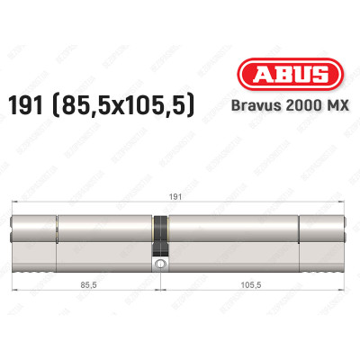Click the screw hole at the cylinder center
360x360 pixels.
[x=160, y=265]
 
